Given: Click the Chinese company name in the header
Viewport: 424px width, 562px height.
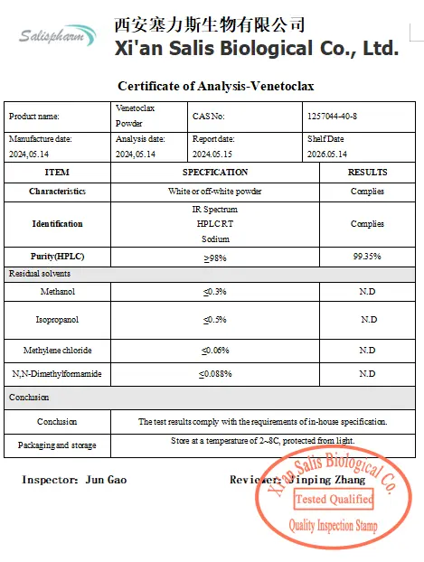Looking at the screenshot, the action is (209, 24).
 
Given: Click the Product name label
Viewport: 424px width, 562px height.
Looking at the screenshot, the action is (33, 117).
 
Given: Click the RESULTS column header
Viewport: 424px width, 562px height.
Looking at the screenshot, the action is (367, 173).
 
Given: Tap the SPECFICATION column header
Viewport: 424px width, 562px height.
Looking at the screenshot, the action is (215, 173).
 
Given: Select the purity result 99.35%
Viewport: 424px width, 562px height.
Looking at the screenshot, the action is (367, 258).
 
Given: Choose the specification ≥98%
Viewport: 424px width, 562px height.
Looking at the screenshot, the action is (215, 258).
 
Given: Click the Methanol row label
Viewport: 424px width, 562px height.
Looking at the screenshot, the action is (57, 292).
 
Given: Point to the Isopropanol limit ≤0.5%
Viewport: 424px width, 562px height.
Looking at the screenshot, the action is (215, 320).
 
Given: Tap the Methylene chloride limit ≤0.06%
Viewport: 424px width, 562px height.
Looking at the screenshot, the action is (215, 351).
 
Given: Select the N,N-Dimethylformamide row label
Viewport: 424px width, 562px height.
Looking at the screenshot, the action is (57, 373).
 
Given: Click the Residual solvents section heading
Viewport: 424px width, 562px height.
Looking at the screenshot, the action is (40, 273).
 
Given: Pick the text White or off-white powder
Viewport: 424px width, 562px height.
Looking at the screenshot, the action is (215, 192).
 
